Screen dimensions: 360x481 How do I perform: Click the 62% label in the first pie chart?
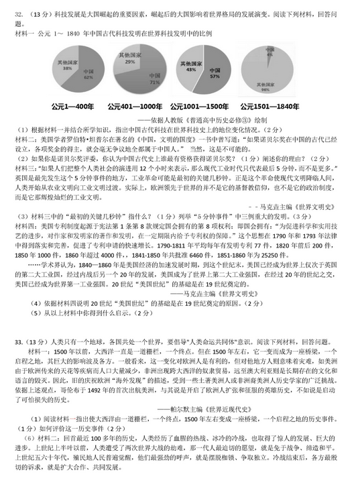[88, 78]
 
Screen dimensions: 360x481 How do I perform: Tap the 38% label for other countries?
[68, 67]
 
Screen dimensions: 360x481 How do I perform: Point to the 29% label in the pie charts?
[129, 60]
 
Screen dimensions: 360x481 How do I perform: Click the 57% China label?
[215, 75]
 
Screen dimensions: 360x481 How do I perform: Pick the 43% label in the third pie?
[190, 68]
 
